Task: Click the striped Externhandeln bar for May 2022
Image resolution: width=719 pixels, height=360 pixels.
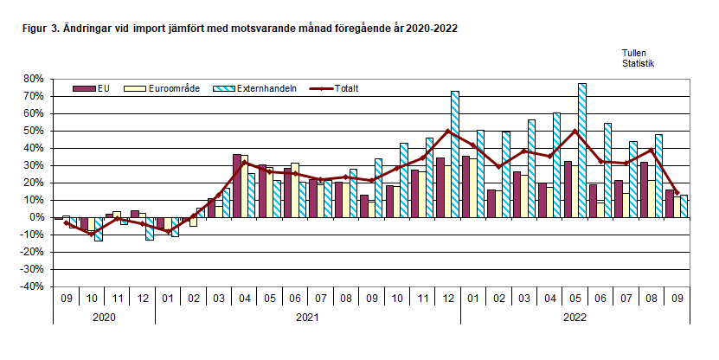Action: [582, 151]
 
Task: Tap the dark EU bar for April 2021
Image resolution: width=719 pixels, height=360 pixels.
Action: [237, 185]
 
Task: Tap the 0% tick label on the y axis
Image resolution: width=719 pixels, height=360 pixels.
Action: [35, 217]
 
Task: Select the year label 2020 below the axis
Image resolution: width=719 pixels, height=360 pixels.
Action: [104, 317]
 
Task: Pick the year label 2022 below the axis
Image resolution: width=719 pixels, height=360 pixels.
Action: [575, 317]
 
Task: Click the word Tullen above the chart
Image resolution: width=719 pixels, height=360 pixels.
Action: [633, 53]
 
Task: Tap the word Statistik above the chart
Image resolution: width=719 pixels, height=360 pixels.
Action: [638, 63]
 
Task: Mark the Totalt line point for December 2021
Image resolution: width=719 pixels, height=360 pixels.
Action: [447, 131]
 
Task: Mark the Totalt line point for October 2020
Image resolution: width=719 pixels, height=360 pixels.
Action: [91, 234]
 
